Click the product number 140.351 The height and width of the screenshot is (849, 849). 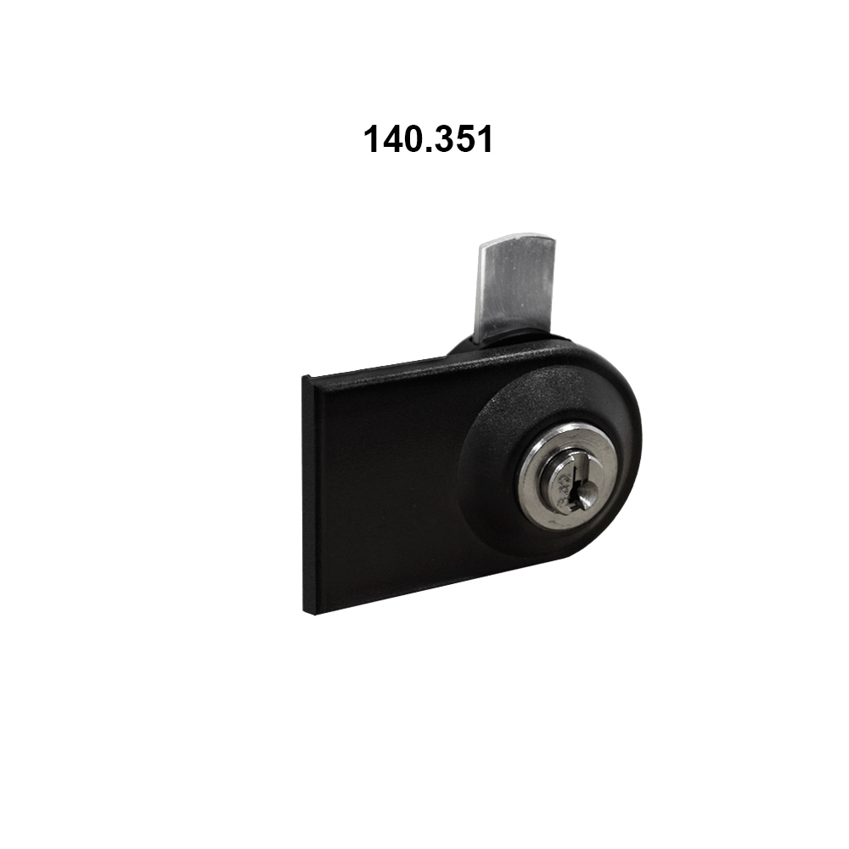click(x=428, y=139)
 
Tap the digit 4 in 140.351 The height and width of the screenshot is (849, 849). click(x=391, y=139)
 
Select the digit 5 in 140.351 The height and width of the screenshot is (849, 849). click(x=463, y=139)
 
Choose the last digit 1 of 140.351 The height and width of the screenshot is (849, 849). click(x=483, y=139)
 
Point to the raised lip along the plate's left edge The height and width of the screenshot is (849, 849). click(x=311, y=492)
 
